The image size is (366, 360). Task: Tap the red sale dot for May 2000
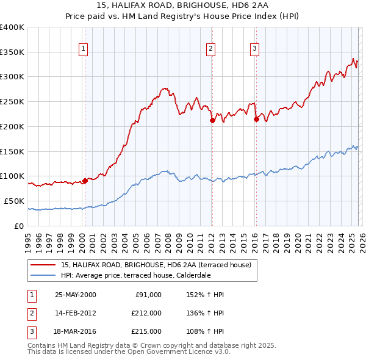tap(85, 180)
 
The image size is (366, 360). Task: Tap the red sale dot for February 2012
tap(212, 120)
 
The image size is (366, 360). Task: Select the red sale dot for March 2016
tap(256, 119)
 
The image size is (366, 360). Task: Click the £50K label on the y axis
tap(13, 201)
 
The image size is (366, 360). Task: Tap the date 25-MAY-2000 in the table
tap(75, 295)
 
